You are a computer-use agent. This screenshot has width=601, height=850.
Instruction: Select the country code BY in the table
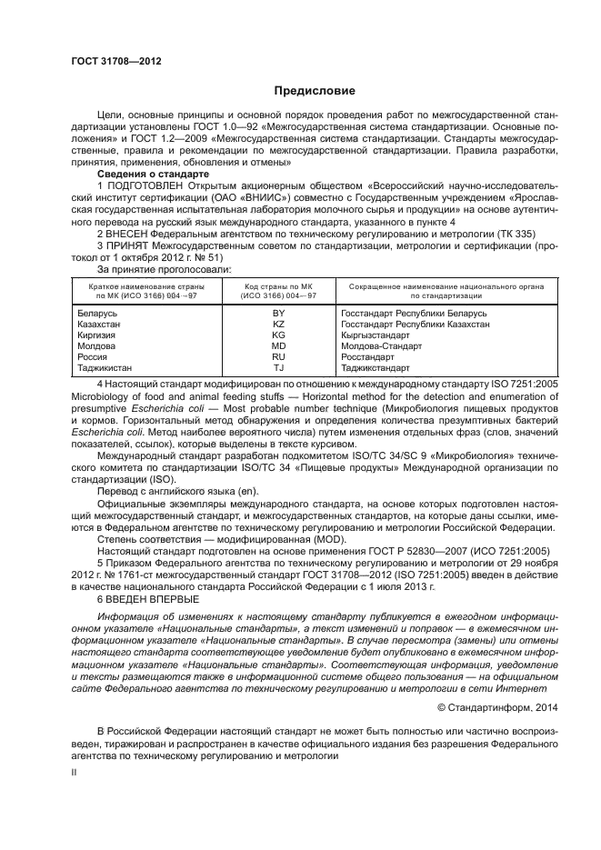pyautogui.click(x=279, y=313)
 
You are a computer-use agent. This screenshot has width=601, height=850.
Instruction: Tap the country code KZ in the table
pyautogui.click(x=279, y=324)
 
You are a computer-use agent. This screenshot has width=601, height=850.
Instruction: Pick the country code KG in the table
pyautogui.click(x=279, y=335)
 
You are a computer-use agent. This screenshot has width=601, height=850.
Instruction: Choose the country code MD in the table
pyautogui.click(x=279, y=345)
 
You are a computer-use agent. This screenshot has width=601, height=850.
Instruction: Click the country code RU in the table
pyautogui.click(x=279, y=356)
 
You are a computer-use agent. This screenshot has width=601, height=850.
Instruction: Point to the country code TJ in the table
pyautogui.click(x=279, y=367)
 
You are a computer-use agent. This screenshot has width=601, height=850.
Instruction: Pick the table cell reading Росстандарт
pyautogui.click(x=368, y=356)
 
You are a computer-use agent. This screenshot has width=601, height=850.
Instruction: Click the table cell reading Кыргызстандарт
pyautogui.click(x=376, y=335)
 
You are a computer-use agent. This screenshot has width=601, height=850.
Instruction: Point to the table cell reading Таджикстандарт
pyautogui.click(x=378, y=367)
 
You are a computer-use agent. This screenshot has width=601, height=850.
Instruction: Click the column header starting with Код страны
pyautogui.click(x=279, y=291)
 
